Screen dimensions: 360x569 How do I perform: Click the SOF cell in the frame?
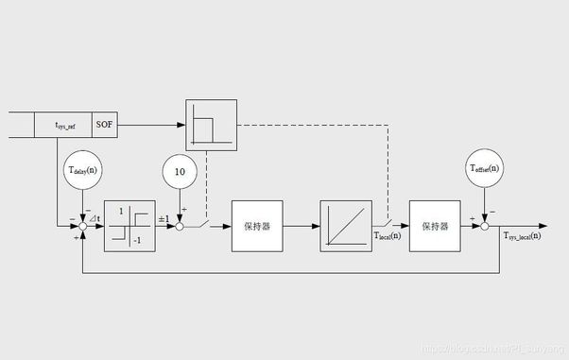pyautogui.click(x=105, y=124)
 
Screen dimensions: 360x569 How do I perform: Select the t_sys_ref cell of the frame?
pyautogui.click(x=62, y=124)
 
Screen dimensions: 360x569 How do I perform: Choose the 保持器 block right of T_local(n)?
pyautogui.click(x=435, y=227)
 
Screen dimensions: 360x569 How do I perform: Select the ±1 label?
pyautogui.click(x=163, y=218)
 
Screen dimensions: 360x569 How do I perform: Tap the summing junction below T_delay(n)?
pyautogui.click(x=83, y=227)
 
